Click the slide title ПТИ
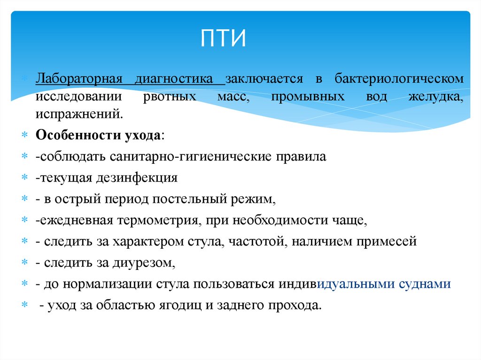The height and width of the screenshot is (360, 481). click(224, 38)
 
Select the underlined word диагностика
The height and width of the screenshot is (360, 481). click(180, 78)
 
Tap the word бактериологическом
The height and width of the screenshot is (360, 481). click(399, 78)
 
